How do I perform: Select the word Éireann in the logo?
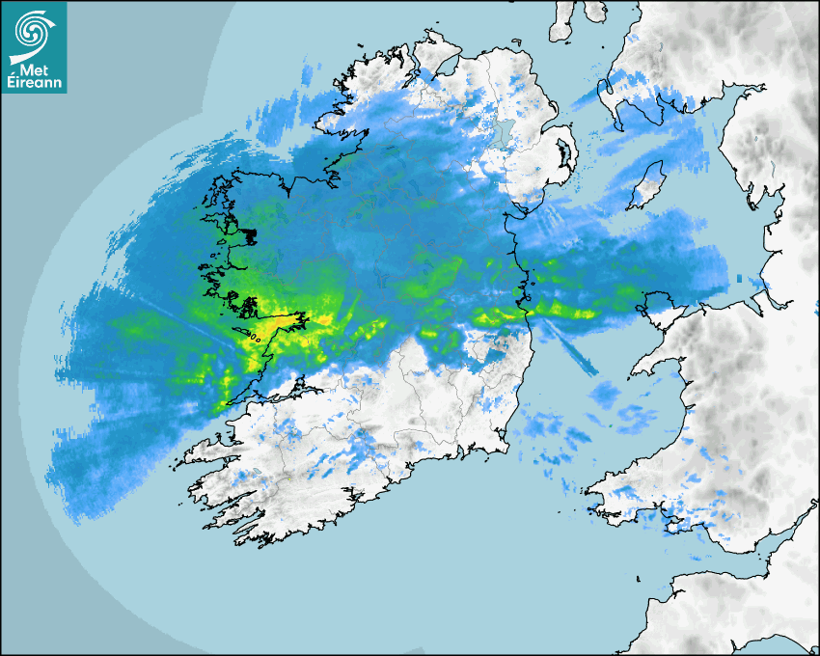34,83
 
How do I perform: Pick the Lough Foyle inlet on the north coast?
446,66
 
